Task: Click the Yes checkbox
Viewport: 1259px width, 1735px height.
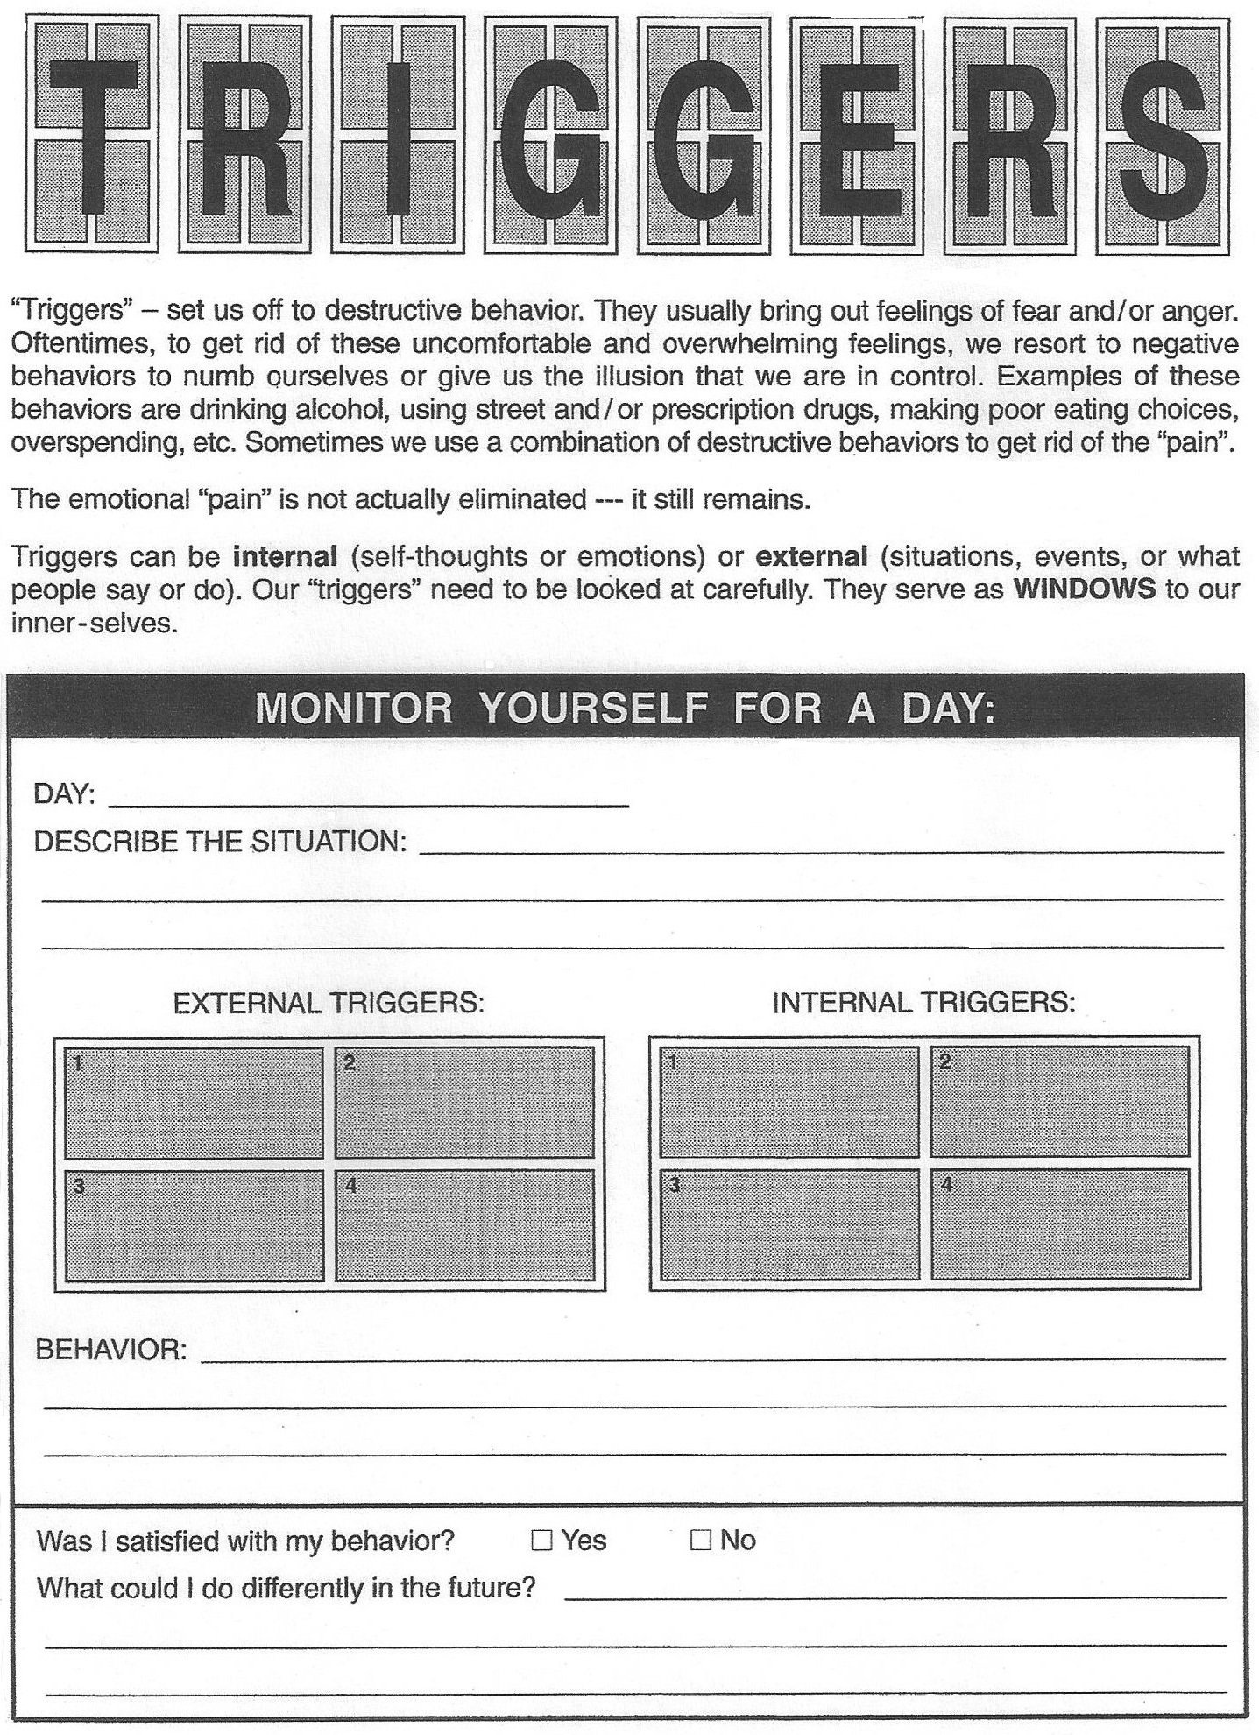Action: pyautogui.click(x=542, y=1540)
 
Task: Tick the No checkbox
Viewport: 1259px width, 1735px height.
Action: pyautogui.click(x=700, y=1540)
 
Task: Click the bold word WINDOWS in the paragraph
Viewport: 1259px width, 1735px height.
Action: pyautogui.click(x=1084, y=589)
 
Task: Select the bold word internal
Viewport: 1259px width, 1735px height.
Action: pyautogui.click(x=285, y=556)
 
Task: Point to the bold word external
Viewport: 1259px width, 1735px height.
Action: pyautogui.click(x=811, y=556)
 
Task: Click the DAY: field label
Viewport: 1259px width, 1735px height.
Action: pyautogui.click(x=64, y=794)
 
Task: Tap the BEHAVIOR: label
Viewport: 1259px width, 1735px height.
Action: pyautogui.click(x=110, y=1349)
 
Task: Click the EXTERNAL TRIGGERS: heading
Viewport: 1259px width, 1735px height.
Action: pyautogui.click(x=329, y=1002)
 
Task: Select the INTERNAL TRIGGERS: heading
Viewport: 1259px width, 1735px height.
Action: pyautogui.click(x=923, y=1002)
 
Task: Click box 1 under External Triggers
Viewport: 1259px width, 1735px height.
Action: pyautogui.click(x=194, y=1103)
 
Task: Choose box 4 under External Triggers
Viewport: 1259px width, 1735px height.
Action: pyautogui.click(x=464, y=1226)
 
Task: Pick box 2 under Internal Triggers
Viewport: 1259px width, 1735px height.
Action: pyautogui.click(x=1059, y=1101)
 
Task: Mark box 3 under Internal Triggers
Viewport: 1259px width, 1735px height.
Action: pyautogui.click(x=789, y=1224)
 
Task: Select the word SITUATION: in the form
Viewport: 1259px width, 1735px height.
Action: pyautogui.click(x=329, y=842)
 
